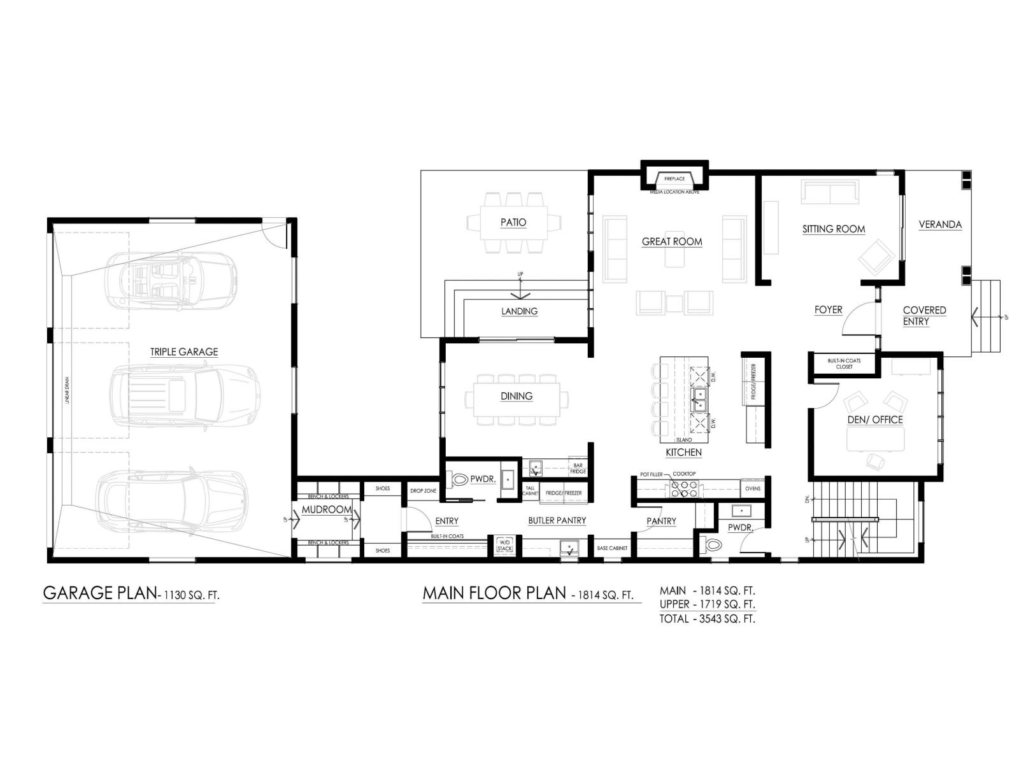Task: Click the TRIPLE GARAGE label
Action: coord(184,351)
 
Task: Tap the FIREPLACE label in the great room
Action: coord(674,179)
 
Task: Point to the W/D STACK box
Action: coord(504,545)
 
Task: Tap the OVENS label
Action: coord(753,489)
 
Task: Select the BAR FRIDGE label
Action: coord(578,469)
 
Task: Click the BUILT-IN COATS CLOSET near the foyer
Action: coord(844,364)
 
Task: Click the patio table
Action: coord(513,222)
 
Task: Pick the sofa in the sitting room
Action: coord(829,191)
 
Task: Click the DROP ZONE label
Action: coord(423,491)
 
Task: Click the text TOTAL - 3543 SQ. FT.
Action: coord(708,618)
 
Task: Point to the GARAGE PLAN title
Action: coord(99,593)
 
